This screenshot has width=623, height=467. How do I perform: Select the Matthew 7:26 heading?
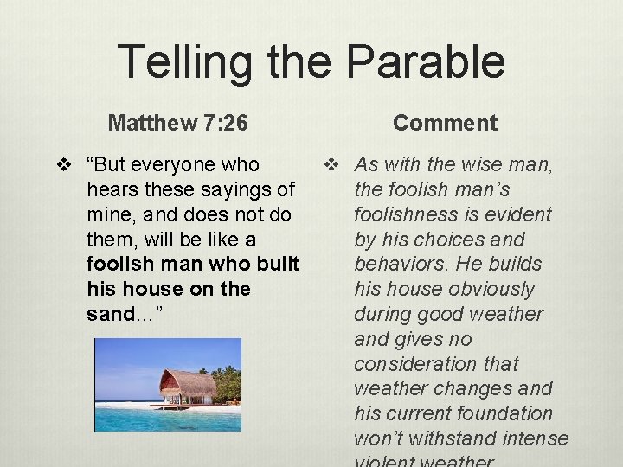pos(178,123)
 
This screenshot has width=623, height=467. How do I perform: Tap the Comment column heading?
pos(445,123)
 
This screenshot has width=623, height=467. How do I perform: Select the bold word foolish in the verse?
pos(122,264)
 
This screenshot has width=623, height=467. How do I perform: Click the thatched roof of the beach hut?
pos(187,381)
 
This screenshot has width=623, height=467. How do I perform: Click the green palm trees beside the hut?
pos(228,382)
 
